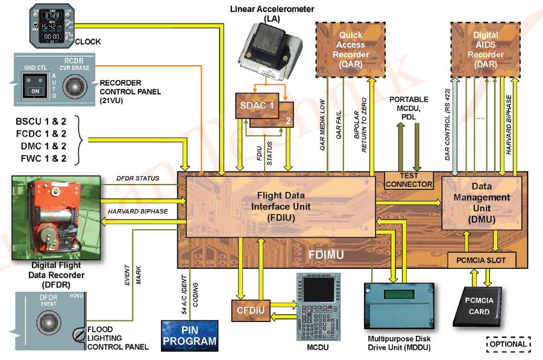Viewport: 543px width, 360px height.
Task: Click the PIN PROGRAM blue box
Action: [189, 336]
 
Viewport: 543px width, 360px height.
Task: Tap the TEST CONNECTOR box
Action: [409, 180]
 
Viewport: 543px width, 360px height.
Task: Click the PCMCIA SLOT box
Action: [482, 260]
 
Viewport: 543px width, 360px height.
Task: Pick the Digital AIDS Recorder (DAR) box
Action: [485, 50]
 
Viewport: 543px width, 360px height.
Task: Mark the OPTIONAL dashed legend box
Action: [509, 344]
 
